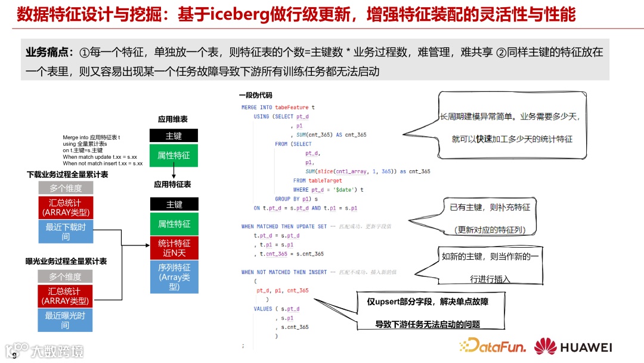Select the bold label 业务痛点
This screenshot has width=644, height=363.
[x=50, y=53]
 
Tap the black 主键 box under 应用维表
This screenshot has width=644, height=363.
[x=174, y=136]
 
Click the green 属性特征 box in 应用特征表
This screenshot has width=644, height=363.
[x=174, y=224]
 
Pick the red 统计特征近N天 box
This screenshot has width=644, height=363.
[x=174, y=248]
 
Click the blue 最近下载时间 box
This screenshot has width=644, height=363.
[x=65, y=232]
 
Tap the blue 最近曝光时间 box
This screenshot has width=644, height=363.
[x=65, y=320]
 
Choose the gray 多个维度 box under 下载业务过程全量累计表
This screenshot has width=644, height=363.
[x=65, y=189]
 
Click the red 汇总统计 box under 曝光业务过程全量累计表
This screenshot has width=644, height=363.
[x=65, y=296]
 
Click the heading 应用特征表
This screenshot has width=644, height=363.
[x=172, y=185]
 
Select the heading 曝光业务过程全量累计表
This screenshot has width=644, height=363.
[x=66, y=262]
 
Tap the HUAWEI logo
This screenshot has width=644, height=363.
[x=573, y=347]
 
